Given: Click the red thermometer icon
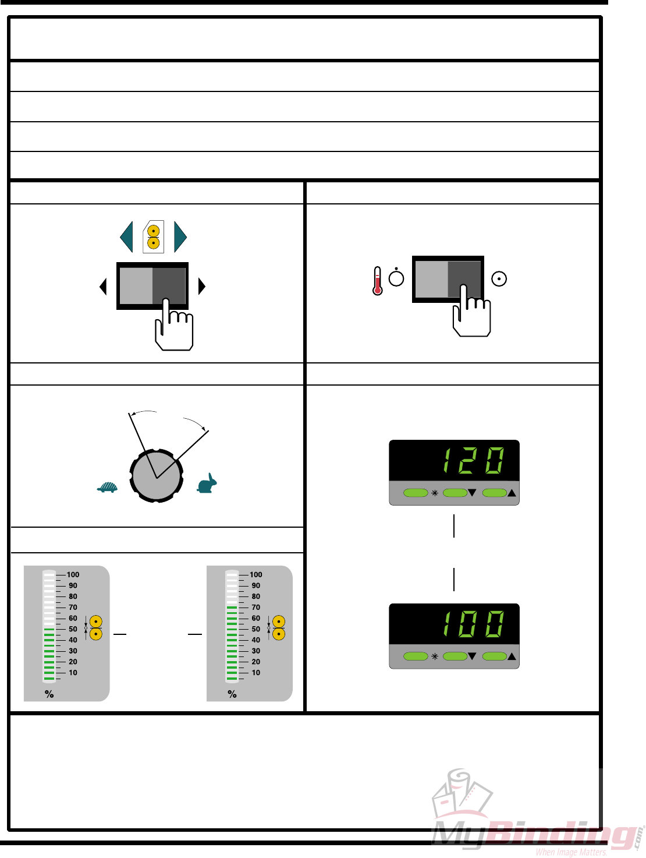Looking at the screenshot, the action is point(378,281).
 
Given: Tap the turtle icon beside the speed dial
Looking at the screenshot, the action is point(108,487).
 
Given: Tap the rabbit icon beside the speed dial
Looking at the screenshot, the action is point(207,484).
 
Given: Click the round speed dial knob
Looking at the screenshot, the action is point(157,476).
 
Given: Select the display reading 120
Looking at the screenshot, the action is point(473,461).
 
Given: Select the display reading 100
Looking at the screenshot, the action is point(473,624).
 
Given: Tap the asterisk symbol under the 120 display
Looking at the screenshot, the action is point(434,493).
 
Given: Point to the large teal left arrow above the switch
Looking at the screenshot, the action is point(127,237).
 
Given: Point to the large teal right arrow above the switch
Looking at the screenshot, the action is point(180,237).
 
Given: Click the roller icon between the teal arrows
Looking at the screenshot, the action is point(154,237).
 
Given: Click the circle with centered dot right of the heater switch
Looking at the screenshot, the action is point(499,279).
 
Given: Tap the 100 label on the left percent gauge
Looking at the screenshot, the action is point(73,574).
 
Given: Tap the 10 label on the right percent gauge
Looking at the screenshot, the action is point(256,673).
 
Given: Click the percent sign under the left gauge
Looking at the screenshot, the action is point(49,694).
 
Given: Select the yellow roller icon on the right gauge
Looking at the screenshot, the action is point(279,628).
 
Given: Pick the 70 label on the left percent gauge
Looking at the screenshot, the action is point(73,607).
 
